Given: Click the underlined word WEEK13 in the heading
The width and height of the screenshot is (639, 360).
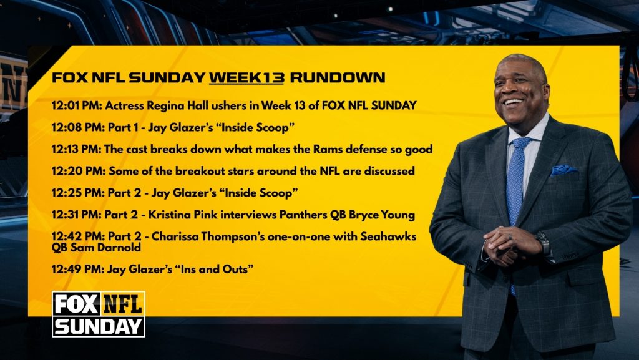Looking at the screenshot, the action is tap(246, 77).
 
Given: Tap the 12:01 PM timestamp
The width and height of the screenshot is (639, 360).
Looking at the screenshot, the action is tap(76, 105).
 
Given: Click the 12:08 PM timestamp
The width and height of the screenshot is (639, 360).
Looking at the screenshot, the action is tap(77, 127).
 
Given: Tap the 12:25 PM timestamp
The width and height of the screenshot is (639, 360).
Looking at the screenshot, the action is tap(77, 193).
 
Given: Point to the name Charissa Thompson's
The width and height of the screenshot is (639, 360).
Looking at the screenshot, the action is tap(208, 236).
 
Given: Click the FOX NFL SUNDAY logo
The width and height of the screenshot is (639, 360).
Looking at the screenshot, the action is tap(99, 314).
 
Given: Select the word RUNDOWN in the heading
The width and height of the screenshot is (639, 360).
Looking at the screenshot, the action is tap(338, 77).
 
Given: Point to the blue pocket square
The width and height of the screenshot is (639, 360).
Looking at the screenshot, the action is tap(563, 170).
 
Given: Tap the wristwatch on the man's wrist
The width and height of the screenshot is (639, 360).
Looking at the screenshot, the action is tap(544, 243).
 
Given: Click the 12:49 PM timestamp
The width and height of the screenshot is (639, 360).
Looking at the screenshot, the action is tap(77, 269).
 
